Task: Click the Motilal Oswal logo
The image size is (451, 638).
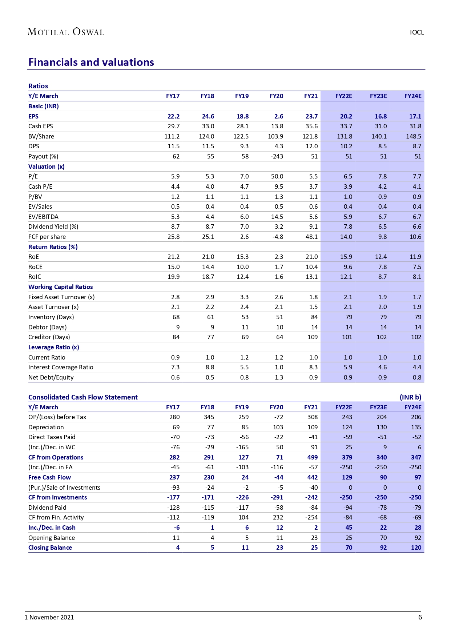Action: point(66,32)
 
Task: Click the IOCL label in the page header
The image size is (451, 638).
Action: point(416,32)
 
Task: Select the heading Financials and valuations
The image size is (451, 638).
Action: point(91,62)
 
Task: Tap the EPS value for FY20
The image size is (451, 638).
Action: point(278,116)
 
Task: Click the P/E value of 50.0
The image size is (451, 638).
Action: point(277,176)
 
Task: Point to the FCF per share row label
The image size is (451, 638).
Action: point(47,237)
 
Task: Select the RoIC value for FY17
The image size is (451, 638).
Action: point(173,277)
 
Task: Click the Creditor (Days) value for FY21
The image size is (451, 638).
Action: point(312,337)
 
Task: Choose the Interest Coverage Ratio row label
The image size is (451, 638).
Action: point(61,367)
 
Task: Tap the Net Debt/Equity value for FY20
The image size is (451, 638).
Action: point(279,377)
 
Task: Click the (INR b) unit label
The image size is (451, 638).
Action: point(410,397)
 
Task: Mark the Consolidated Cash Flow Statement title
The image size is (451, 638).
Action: point(83,397)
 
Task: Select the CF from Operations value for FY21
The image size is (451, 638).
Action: point(312,457)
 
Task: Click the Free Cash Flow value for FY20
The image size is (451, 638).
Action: point(278,477)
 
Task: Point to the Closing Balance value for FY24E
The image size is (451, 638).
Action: point(416,547)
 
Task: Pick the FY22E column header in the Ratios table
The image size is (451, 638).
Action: point(343,96)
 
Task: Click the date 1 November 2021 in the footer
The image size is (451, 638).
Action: point(49,617)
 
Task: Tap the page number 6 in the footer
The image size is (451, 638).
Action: point(420,617)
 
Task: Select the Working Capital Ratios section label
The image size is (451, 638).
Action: point(61,287)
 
